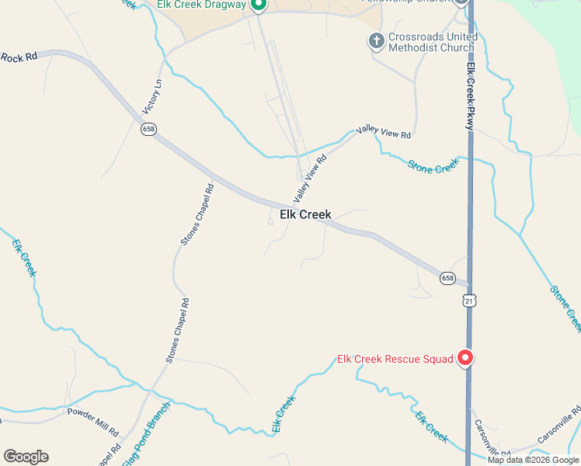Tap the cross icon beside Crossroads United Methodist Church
coord(376,40)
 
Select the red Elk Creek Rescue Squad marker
coord(465,358)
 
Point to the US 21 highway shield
coord(468,301)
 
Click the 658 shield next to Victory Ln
coord(148,129)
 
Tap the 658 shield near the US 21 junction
coord(447,278)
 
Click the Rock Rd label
coord(19,57)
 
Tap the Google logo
coord(26,457)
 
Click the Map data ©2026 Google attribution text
coord(534,460)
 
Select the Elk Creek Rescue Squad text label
coord(395,359)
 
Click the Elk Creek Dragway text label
coord(200,5)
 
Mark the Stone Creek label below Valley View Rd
coord(433,165)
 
